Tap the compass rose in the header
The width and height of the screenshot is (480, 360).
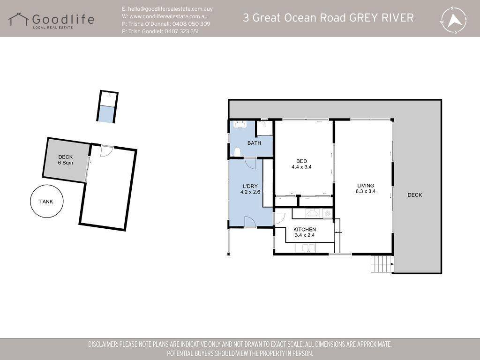click(454, 20)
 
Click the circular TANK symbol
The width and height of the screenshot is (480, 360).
click(46, 201)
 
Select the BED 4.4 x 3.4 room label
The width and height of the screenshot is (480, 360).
click(301, 164)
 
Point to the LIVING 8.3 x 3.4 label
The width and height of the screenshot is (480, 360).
click(366, 188)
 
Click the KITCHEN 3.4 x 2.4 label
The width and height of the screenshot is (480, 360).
click(305, 232)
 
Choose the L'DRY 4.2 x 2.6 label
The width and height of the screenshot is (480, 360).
click(250, 189)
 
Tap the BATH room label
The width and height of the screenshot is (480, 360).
click(254, 143)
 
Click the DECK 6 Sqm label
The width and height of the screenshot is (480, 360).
click(66, 160)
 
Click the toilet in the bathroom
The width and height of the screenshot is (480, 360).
click(237, 152)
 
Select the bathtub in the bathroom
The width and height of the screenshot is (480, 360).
click(240, 125)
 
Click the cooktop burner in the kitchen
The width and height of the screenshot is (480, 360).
click(328, 213)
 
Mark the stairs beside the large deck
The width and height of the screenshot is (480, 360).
click(382, 263)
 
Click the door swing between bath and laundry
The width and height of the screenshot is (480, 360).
click(250, 164)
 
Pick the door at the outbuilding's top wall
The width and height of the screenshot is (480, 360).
click(107, 151)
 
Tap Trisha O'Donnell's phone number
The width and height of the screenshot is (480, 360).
click(191, 23)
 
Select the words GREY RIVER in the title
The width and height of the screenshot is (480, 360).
click(382, 18)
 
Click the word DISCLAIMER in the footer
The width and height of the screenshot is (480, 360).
click(103, 344)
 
